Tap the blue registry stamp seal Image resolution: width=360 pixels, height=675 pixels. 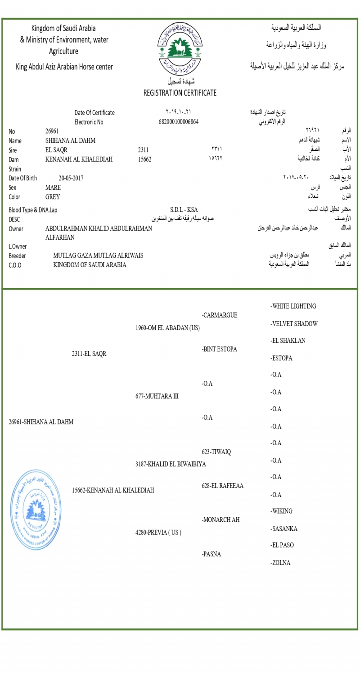click(x=33, y=510)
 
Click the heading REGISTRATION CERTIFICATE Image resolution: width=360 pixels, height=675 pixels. click(x=180, y=93)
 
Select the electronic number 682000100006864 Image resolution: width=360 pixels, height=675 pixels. click(x=179, y=122)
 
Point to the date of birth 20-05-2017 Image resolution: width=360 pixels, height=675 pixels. click(x=71, y=178)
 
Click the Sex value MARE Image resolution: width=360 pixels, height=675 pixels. click(x=53, y=188)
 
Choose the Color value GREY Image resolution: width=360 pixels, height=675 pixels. click(x=53, y=197)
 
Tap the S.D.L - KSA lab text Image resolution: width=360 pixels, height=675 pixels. click(x=184, y=210)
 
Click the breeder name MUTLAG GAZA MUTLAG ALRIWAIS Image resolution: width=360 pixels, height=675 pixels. click(x=98, y=256)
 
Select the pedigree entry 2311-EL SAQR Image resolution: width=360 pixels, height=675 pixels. click(x=89, y=354)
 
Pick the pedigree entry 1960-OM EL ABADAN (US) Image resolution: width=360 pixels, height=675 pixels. click(x=167, y=328)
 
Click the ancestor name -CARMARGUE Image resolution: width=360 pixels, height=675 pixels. click(x=220, y=315)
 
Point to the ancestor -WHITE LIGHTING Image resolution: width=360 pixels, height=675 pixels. click(x=293, y=306)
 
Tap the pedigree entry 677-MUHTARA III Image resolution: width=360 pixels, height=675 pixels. click(x=157, y=396)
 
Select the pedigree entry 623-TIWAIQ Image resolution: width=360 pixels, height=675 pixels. click(x=216, y=452)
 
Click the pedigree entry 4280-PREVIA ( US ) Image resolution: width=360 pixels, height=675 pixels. click(x=158, y=532)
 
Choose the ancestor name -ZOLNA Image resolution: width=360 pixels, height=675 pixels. click(x=280, y=562)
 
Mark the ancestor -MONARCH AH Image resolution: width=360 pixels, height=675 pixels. click(x=221, y=520)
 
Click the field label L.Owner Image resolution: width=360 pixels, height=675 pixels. click(x=18, y=247)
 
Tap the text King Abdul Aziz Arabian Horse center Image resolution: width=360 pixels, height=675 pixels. click(x=64, y=67)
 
